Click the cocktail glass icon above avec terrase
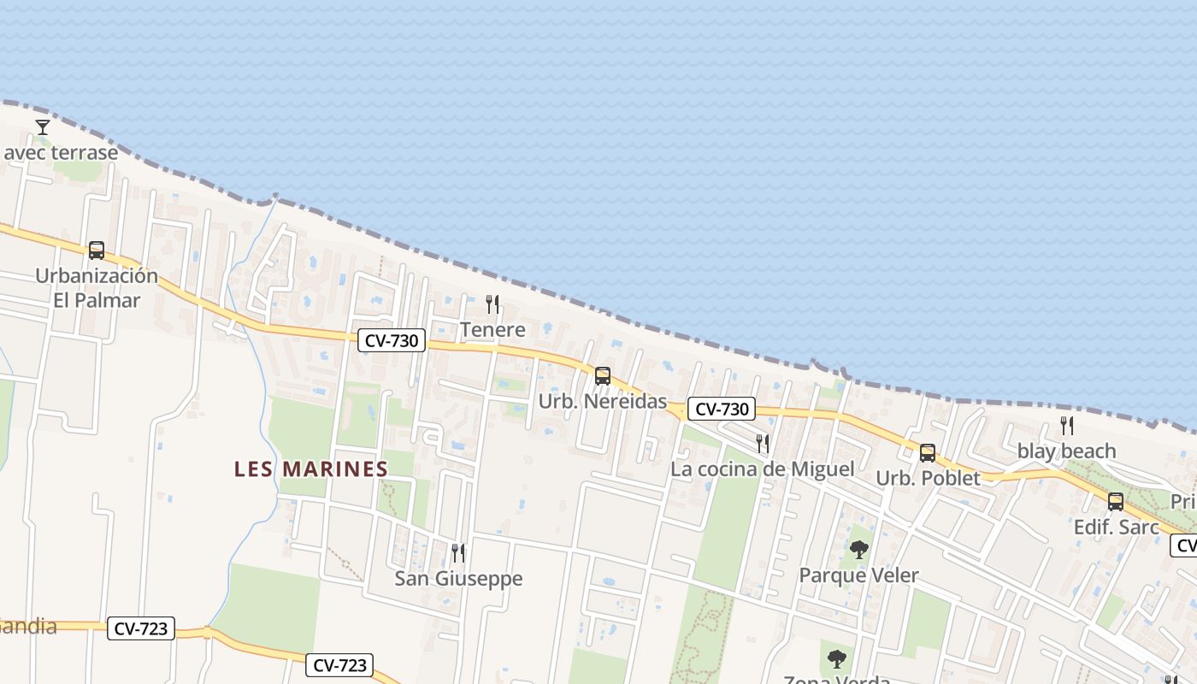[x=42, y=127]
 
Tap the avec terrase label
[x=61, y=153]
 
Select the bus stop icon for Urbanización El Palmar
[x=97, y=251]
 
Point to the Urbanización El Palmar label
[x=97, y=288]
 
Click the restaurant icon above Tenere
[x=492, y=304]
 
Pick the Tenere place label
[x=492, y=329]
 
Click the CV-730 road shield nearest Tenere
[x=392, y=340]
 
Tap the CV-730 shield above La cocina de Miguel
[x=722, y=409]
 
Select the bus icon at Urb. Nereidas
[x=603, y=375]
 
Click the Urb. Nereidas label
[x=602, y=401]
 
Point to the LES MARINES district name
[x=311, y=469]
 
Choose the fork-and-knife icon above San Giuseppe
[x=458, y=553]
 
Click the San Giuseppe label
[x=458, y=579]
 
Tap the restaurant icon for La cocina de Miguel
[x=763, y=443]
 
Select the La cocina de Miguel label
[x=762, y=469]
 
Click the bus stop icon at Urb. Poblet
[x=928, y=452]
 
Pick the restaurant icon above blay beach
[x=1067, y=425]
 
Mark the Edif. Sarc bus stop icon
[x=1116, y=502]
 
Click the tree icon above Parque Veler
[x=859, y=550]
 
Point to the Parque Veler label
[x=858, y=575]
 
